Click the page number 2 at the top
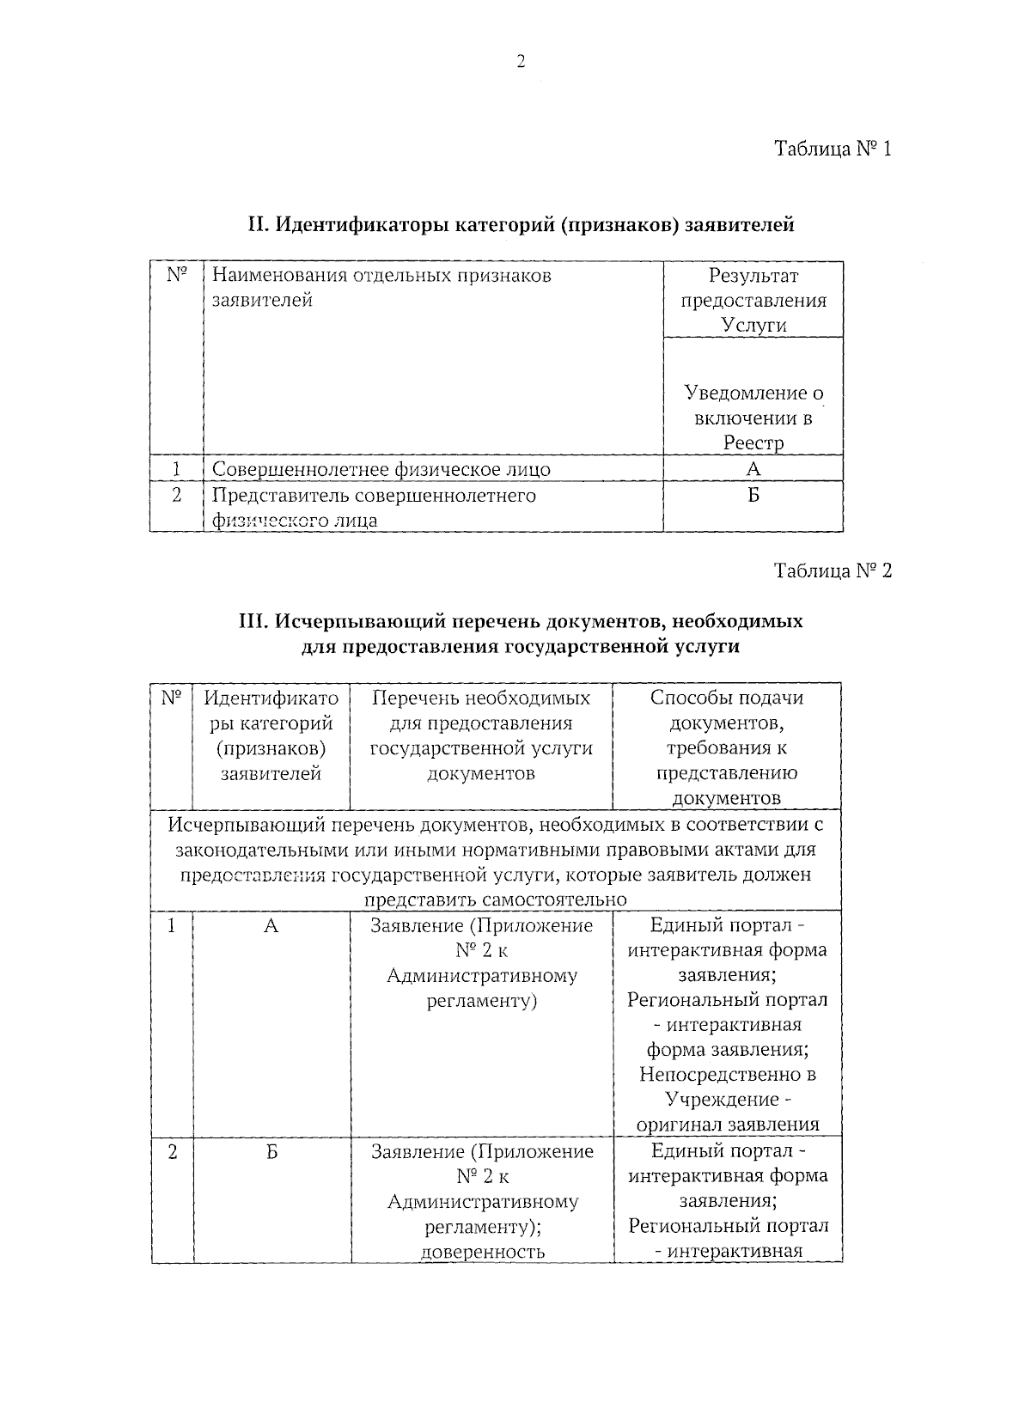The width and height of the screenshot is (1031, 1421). [x=520, y=61]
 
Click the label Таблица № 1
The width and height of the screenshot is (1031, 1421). [x=833, y=149]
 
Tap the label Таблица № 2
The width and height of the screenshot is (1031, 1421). [x=833, y=570]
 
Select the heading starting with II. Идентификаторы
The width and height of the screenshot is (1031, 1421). [x=521, y=225]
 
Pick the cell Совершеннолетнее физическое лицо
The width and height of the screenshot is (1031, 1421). [x=381, y=469]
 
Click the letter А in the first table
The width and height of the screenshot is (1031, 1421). [x=753, y=469]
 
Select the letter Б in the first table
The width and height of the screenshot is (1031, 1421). [x=753, y=496]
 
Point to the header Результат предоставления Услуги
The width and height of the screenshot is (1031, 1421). [x=753, y=300]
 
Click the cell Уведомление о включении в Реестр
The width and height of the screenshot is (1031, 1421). [x=753, y=418]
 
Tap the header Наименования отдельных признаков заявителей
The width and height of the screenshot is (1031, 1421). [x=381, y=288]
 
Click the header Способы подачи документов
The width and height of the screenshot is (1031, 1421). [x=727, y=747]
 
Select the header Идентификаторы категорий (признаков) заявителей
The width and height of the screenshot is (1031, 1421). [x=271, y=735]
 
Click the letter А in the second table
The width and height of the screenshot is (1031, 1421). [x=271, y=926]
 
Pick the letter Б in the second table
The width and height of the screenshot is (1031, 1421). [x=271, y=1152]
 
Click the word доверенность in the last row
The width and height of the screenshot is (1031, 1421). [x=483, y=1251]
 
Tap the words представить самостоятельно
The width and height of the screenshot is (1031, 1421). [x=496, y=900]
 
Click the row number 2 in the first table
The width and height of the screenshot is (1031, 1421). [x=176, y=496]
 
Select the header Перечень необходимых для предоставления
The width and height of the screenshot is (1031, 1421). [x=481, y=735]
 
